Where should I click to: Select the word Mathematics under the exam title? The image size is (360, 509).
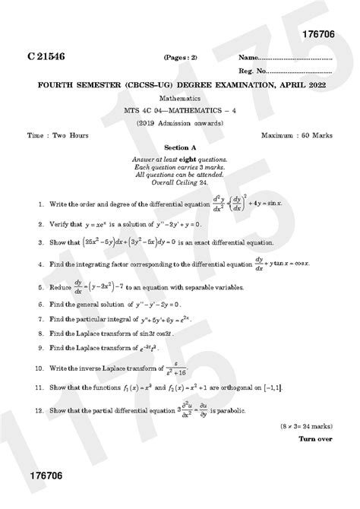click(180, 99)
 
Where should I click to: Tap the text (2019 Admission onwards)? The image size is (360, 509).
click(180, 122)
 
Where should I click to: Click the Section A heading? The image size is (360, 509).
click(180, 148)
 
